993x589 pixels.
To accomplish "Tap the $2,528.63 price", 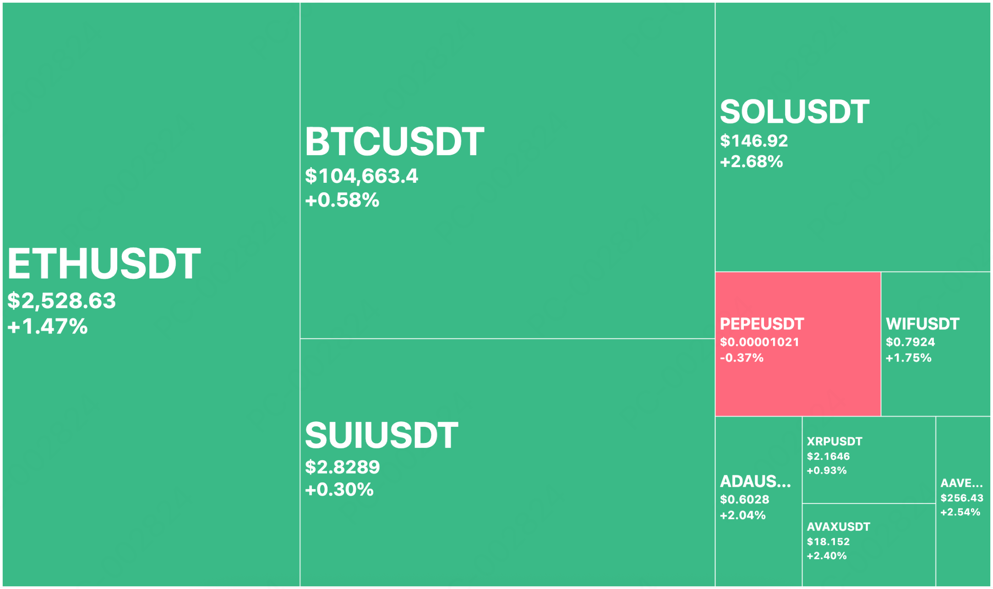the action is tap(62, 301).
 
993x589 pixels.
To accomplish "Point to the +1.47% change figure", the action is tap(48, 327).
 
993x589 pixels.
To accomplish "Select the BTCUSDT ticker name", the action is tap(394, 142).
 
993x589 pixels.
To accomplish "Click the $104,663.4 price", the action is tap(362, 176).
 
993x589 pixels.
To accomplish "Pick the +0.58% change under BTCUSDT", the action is tap(342, 200).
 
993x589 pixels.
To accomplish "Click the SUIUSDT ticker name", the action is tap(382, 435).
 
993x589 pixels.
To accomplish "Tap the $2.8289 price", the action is tap(343, 467).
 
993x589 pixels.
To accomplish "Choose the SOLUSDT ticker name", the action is tap(795, 112).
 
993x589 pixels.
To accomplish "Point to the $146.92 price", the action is tap(754, 141).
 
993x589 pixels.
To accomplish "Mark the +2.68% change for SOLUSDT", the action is tap(752, 162).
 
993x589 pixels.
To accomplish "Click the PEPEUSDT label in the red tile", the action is tap(762, 324).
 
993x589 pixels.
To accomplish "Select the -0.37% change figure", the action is tap(742, 358).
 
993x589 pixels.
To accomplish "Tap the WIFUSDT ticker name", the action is tap(922, 324).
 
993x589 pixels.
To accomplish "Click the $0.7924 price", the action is tap(911, 342).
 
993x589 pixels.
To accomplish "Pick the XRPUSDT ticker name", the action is tap(835, 442).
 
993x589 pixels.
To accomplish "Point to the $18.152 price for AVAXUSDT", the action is tap(828, 542).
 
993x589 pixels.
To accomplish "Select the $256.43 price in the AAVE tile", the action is tap(962, 498).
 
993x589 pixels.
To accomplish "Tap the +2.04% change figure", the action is tap(743, 515).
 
